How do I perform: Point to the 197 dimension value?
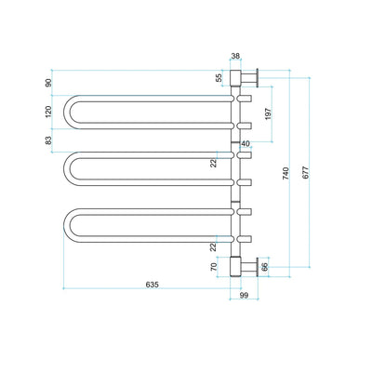click(x=266, y=113)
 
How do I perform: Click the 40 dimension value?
click(x=246, y=143)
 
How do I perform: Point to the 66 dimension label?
click(x=263, y=267)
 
